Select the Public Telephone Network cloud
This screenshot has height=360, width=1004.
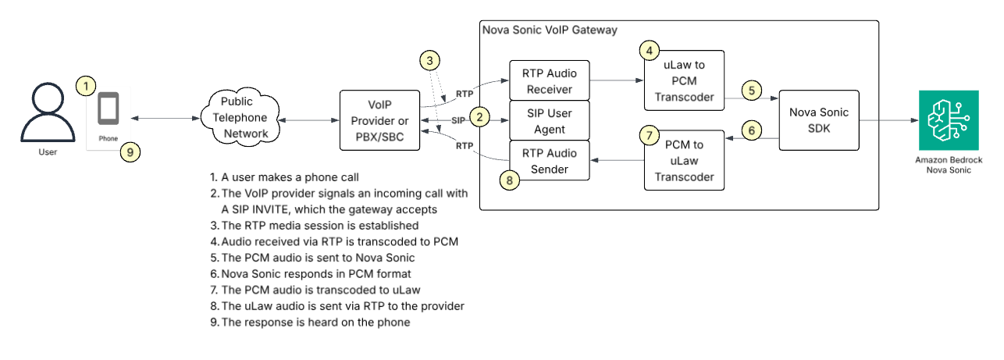pos(243,118)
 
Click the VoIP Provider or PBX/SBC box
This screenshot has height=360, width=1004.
pos(379,122)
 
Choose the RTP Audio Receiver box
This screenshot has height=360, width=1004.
pos(549,80)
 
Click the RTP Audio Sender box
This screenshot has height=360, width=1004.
pos(549,160)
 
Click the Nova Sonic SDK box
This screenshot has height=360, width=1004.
pos(818,120)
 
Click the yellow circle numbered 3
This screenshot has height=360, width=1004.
pos(429,59)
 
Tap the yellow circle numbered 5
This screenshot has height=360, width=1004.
pos(751,90)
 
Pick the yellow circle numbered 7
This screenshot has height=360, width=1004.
pos(650,135)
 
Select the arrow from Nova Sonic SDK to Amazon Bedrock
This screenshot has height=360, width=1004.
pos(887,120)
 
